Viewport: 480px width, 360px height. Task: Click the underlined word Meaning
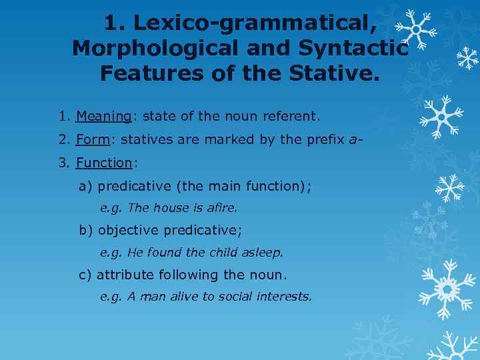pos(103,117)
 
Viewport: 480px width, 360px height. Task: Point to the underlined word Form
pos(91,140)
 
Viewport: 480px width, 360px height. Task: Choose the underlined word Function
pos(104,163)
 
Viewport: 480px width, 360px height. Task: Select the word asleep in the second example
pos(264,253)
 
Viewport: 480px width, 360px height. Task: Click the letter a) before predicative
pos(86,186)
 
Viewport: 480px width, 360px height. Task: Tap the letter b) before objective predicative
pos(86,231)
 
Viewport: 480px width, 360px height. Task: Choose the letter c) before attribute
pos(86,275)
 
